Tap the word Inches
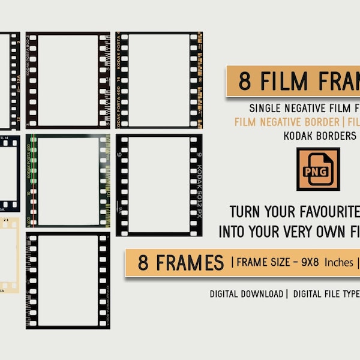tap(335, 262)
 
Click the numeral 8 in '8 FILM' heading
tap(244, 82)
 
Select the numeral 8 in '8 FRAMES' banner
tap(144, 262)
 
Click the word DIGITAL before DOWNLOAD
tap(227, 294)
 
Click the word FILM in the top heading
tap(284, 82)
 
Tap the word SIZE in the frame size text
tap(278, 262)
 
